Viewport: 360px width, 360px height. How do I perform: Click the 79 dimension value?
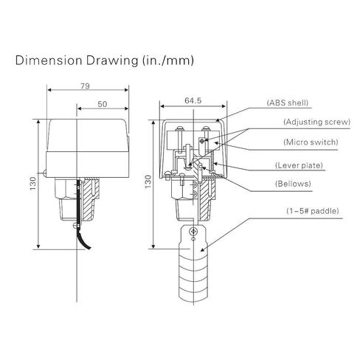[x=85, y=86]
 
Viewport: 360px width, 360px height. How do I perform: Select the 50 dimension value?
[x=103, y=104]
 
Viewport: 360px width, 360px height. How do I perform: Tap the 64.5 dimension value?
[x=193, y=100]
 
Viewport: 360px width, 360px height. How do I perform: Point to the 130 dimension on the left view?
[x=33, y=183]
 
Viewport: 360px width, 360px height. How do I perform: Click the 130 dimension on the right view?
[x=148, y=181]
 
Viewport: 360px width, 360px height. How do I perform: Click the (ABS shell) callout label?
[x=288, y=103]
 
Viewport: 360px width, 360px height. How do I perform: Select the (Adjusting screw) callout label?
[x=316, y=122]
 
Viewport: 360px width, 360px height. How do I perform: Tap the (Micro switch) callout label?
[x=311, y=142]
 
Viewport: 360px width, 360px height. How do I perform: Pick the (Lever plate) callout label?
[x=299, y=165]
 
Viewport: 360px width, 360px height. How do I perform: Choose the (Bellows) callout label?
[x=293, y=184]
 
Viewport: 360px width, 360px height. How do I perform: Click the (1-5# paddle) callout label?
[x=313, y=211]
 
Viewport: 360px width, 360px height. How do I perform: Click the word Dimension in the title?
[x=49, y=60]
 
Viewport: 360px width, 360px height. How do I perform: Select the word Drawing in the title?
[x=112, y=61]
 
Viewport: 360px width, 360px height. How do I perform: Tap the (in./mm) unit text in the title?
[x=168, y=61]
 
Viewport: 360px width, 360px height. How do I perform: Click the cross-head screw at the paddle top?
[x=193, y=231]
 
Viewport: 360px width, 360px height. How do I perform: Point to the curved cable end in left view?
[x=83, y=240]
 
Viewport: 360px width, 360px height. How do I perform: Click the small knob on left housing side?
[x=44, y=173]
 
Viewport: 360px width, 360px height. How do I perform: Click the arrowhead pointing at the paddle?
[x=202, y=249]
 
